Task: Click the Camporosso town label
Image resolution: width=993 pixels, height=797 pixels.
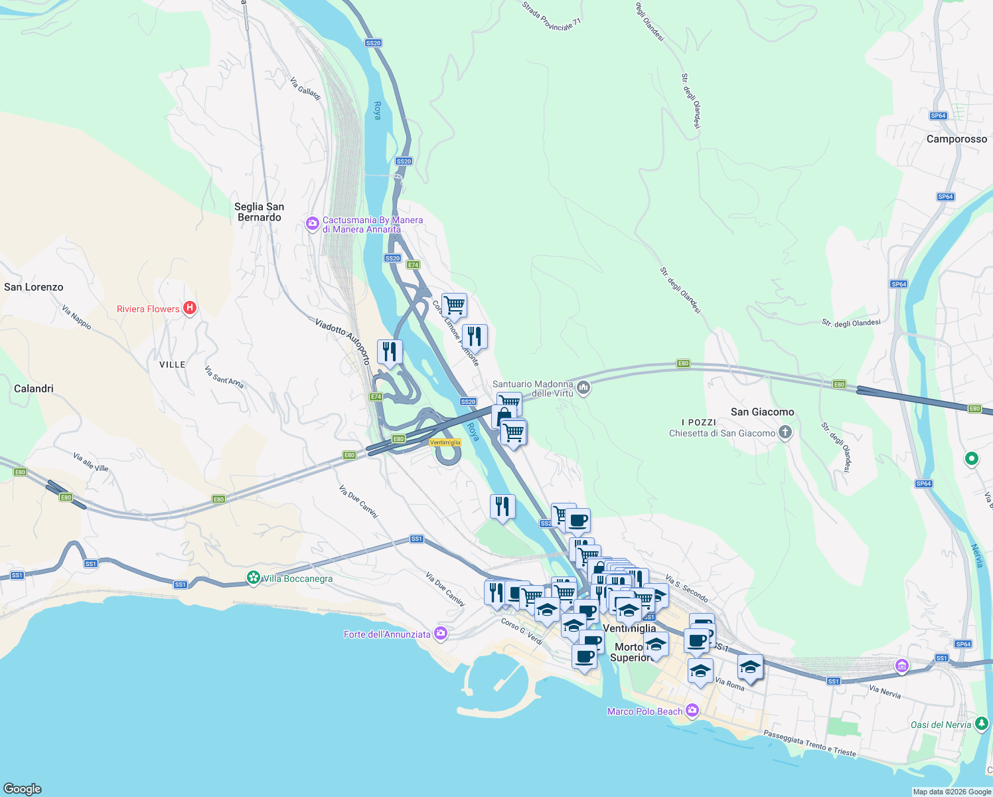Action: coord(956,139)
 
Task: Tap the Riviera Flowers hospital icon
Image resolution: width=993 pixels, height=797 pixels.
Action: coord(190,308)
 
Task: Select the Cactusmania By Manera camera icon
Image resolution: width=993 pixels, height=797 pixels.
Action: coord(312,224)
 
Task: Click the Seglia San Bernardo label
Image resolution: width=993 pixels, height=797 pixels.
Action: coord(259,212)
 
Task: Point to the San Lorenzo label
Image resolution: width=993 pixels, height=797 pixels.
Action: coord(34,287)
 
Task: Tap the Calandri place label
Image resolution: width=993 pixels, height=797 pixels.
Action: coord(34,389)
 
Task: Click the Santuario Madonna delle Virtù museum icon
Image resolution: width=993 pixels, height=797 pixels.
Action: coord(583,387)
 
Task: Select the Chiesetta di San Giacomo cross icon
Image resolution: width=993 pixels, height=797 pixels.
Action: coord(785,433)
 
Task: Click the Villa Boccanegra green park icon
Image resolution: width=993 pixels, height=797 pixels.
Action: coord(253,578)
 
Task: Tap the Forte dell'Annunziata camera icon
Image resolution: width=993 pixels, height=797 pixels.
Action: coord(440,634)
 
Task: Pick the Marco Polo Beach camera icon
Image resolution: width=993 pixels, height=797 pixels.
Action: coord(692,711)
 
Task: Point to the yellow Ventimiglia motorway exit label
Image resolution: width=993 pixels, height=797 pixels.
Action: coord(445,442)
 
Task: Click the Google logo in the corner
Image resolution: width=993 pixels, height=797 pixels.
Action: coord(22,788)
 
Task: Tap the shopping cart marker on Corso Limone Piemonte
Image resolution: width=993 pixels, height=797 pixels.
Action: coord(454,306)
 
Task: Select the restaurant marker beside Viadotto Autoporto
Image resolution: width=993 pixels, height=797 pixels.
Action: coord(390,351)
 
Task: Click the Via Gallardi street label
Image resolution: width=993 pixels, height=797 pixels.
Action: coord(305,89)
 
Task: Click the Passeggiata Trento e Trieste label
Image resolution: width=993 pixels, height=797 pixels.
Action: coord(810,743)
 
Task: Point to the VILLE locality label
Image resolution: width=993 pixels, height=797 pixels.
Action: coord(173,365)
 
